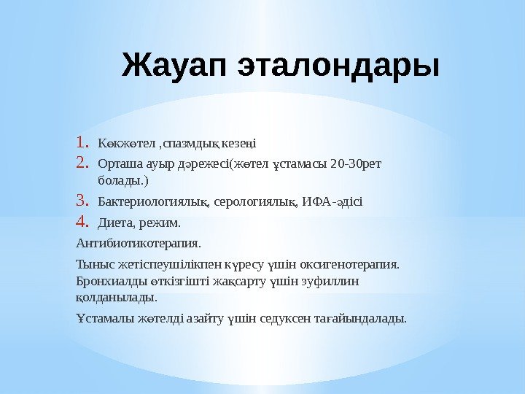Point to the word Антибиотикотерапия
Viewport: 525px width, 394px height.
(x=138, y=242)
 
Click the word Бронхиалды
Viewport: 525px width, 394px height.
(x=106, y=281)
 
